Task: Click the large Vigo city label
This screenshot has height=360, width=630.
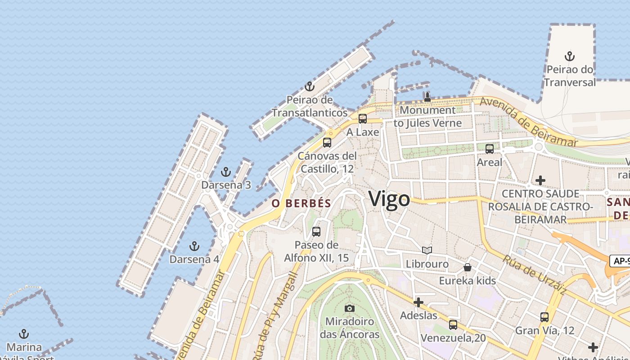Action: click(x=389, y=199)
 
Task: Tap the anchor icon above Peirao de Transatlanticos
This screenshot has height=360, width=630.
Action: click(x=309, y=86)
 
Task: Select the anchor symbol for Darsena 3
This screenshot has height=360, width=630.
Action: click(x=226, y=171)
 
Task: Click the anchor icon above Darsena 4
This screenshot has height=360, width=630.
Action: click(x=194, y=246)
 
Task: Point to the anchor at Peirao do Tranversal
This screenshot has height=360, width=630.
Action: click(x=570, y=56)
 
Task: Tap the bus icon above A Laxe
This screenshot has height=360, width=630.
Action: click(x=363, y=119)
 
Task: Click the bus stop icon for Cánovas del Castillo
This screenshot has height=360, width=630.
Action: click(x=327, y=143)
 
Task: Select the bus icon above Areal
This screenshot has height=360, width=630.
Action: click(x=490, y=148)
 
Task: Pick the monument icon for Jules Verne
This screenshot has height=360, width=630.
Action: click(x=427, y=97)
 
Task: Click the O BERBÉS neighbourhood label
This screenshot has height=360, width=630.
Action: click(x=301, y=203)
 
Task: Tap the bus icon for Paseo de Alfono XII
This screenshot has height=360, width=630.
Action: click(x=316, y=232)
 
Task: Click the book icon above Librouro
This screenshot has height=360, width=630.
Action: click(x=427, y=250)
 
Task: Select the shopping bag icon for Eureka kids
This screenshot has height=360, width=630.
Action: click(x=468, y=267)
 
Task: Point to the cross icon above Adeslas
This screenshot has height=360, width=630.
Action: click(x=418, y=302)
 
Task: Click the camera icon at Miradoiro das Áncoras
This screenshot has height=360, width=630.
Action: click(x=350, y=308)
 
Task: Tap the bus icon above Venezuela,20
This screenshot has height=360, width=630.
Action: click(x=453, y=324)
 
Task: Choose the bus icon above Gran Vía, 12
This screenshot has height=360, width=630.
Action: click(x=544, y=317)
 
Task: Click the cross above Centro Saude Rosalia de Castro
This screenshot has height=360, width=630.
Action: click(x=540, y=180)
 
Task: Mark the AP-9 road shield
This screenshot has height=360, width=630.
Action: click(x=620, y=261)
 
